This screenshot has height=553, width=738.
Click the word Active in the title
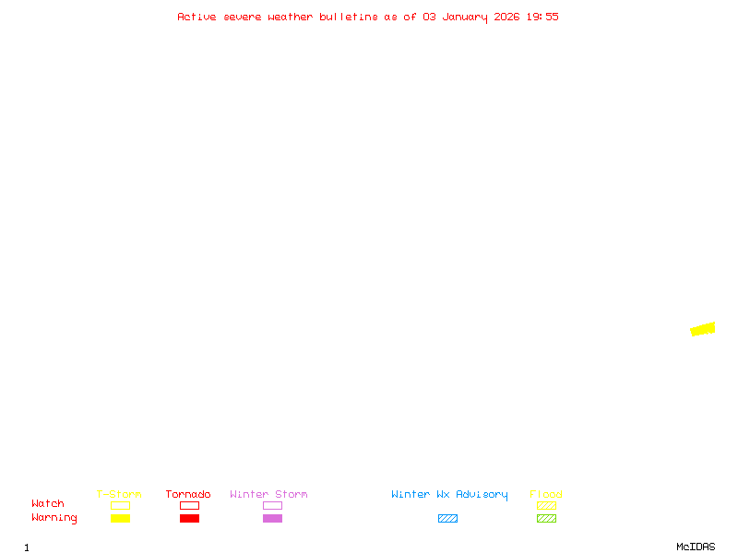coord(196,17)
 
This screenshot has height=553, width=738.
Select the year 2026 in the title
coord(506,17)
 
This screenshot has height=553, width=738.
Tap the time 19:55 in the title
coord(542,17)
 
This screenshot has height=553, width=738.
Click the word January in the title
coord(465,18)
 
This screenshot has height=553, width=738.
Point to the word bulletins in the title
coord(349,17)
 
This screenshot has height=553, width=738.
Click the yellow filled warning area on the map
coord(703,329)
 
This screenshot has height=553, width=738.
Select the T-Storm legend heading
coord(119,494)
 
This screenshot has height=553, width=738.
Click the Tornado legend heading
coord(188,494)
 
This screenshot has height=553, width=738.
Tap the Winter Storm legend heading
coord(268,494)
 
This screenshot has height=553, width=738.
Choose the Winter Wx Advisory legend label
coord(449,495)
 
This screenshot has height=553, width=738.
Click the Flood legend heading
coord(546,494)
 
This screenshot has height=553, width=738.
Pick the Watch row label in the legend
coord(48,503)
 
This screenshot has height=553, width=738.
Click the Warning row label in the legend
coord(54,518)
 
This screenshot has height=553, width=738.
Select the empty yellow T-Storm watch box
coord(121,501)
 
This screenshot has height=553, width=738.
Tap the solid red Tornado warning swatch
coord(190,518)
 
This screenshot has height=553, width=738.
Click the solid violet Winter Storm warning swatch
coord(272,518)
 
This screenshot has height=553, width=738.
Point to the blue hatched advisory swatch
coord(447,518)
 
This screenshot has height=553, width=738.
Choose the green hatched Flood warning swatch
coord(546,518)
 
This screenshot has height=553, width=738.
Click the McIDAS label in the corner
coord(696,547)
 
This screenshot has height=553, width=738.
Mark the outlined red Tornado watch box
coord(190,501)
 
